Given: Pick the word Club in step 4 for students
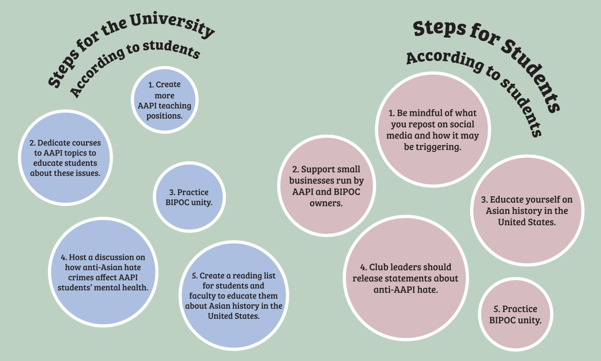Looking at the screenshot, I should [x=378, y=267].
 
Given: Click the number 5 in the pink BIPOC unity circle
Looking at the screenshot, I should [x=496, y=309].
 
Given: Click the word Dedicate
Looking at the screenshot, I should [x=53, y=143].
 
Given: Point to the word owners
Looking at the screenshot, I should [x=326, y=203].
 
